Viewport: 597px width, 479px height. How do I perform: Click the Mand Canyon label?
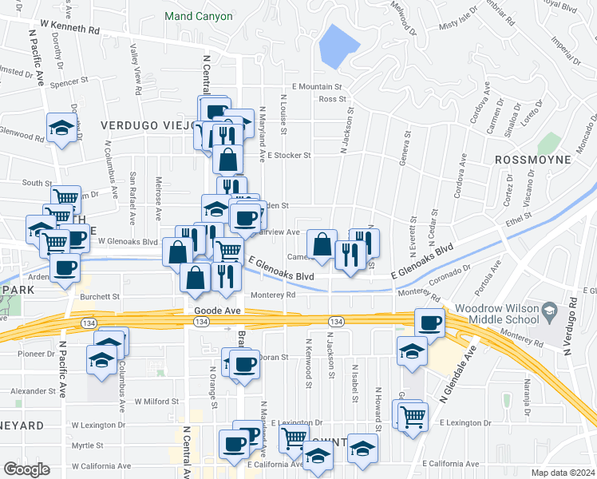click(198, 16)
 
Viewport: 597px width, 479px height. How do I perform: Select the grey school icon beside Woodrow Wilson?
click(550, 309)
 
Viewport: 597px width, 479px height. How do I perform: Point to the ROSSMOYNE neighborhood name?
click(532, 160)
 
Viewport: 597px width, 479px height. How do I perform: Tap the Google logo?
click(26, 469)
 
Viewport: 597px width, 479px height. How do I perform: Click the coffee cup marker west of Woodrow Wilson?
click(429, 322)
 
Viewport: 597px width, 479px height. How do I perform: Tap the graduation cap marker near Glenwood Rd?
click(61, 128)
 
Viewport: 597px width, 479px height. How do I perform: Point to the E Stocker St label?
click(289, 155)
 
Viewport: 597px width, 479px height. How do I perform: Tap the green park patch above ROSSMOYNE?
click(549, 144)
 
